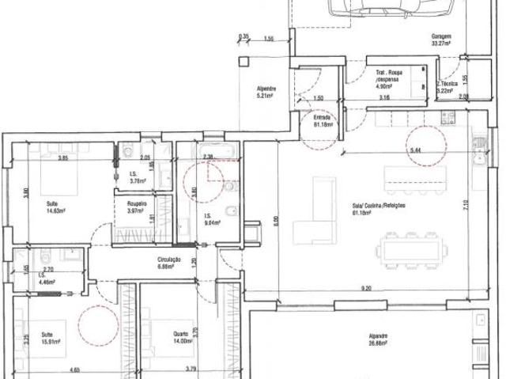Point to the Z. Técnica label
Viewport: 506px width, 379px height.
[448, 87]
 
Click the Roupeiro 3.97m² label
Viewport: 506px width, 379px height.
[138, 207]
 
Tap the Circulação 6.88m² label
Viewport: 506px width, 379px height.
[170, 264]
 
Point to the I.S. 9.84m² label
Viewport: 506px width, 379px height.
[211, 221]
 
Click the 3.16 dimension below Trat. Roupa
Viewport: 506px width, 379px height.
[384, 97]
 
